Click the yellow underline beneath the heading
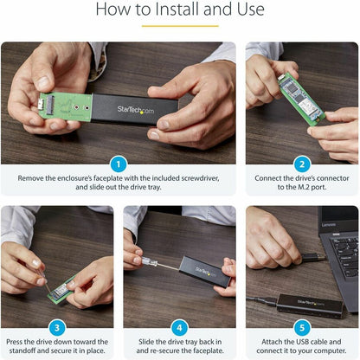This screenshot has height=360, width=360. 180,25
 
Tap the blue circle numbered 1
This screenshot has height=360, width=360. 118,164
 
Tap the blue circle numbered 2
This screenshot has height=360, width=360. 302,164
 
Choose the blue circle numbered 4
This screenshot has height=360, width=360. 179,328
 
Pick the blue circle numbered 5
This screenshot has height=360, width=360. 302,328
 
